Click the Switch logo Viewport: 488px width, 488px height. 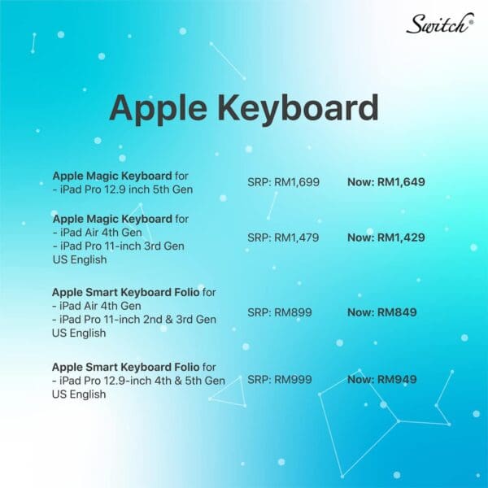[x=440, y=24]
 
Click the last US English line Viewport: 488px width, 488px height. [x=79, y=394]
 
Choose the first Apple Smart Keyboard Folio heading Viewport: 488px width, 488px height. [x=126, y=293]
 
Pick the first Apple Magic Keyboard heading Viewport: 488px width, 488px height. [x=112, y=176]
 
